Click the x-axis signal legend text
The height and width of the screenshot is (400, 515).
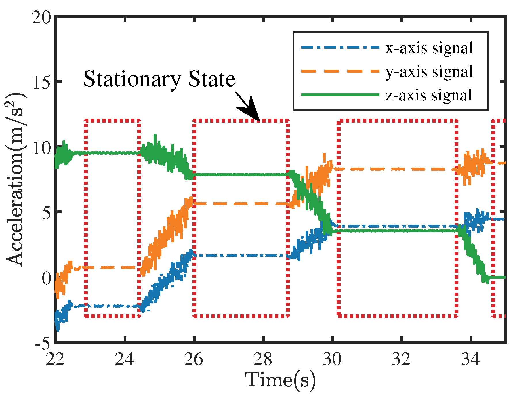[429, 48]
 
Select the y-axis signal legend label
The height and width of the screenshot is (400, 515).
[429, 72]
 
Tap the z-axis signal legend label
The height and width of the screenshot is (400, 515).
[429, 95]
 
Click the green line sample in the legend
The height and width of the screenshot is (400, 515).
[340, 95]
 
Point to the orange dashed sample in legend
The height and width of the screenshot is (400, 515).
[340, 71]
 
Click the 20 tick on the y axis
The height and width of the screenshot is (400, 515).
[41, 18]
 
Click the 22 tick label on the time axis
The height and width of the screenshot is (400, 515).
[55, 359]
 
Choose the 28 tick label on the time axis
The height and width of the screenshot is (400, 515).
[263, 359]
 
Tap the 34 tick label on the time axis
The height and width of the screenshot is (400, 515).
[471, 359]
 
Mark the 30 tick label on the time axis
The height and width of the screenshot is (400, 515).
[332, 359]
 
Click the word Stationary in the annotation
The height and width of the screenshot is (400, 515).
[132, 79]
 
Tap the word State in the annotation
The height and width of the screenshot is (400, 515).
[212, 79]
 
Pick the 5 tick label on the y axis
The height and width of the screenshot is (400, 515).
[46, 213]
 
